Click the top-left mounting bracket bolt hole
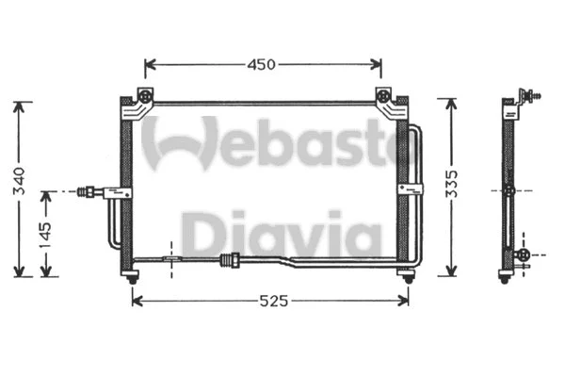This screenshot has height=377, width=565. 144,95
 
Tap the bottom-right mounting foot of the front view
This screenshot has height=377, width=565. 406,274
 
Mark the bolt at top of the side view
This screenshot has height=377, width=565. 538,94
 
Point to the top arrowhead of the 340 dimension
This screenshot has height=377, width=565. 20,105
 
